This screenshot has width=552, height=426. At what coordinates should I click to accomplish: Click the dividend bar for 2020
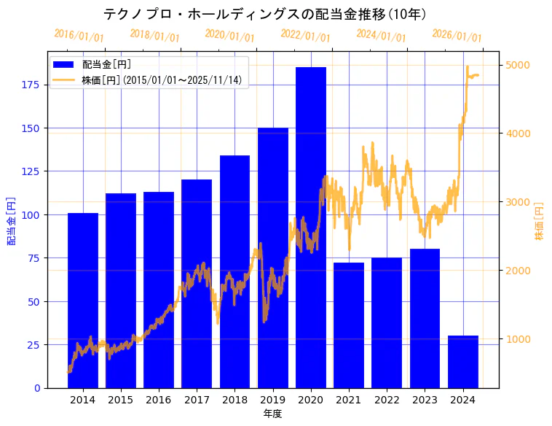(310, 227)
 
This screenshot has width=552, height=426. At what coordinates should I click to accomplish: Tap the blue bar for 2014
(83, 300)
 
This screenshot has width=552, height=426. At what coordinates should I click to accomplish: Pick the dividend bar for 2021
(349, 325)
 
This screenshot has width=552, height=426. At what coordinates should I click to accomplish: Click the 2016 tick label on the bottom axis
(159, 400)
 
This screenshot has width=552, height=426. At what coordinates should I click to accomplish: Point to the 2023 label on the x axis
(425, 400)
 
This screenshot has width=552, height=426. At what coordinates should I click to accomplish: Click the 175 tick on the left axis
(31, 85)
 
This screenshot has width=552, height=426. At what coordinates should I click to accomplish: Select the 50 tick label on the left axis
(33, 301)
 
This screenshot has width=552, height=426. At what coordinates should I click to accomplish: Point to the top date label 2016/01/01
(79, 35)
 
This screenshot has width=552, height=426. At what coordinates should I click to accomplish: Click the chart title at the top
(265, 14)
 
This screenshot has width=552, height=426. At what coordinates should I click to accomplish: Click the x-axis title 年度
(272, 414)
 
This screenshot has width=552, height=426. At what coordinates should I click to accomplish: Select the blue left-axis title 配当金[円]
(12, 220)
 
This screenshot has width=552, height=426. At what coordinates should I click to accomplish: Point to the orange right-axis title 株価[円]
(539, 220)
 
